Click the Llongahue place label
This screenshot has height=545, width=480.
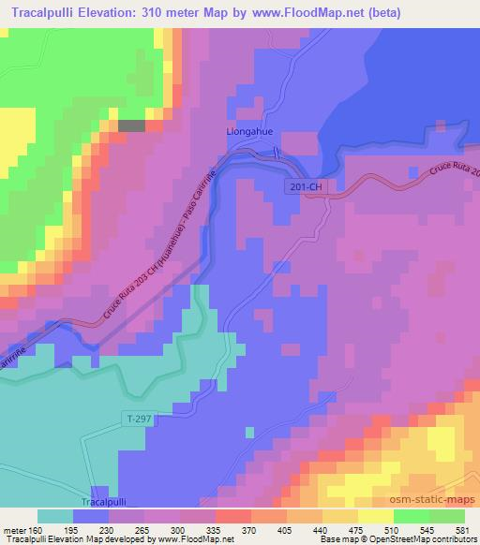coord(249,133)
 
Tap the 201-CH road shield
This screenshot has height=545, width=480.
coord(306,188)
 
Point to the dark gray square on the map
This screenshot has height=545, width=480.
coord(131,125)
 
